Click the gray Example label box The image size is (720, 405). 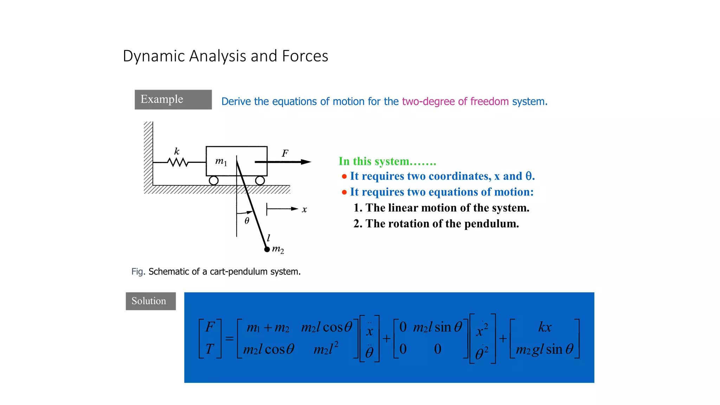click(173, 99)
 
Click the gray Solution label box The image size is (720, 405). click(150, 301)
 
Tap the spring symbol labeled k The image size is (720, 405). click(178, 162)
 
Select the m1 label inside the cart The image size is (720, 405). click(221, 161)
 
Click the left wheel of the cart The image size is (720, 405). click(213, 181)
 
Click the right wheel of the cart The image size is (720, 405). click(260, 181)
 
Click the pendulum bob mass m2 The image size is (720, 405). click(267, 250)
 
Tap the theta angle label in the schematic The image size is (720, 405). click(247, 221)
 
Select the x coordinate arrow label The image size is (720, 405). click(304, 210)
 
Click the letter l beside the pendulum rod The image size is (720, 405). click(269, 238)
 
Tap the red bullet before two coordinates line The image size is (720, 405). click(344, 176)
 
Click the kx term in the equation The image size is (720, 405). click(545, 327)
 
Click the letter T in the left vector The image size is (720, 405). click(210, 349)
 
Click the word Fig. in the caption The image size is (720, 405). click(138, 272)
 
